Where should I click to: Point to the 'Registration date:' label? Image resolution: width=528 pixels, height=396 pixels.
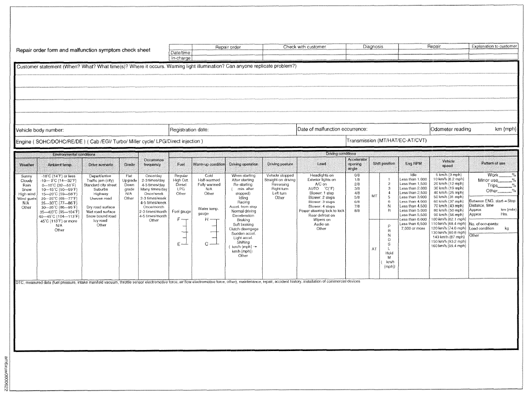[x=189, y=129]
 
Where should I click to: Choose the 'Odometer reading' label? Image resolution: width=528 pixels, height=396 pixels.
[x=451, y=129]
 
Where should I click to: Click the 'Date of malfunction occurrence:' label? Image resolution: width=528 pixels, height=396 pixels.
[x=332, y=129]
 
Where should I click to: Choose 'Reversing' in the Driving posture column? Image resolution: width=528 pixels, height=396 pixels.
[x=280, y=184]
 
